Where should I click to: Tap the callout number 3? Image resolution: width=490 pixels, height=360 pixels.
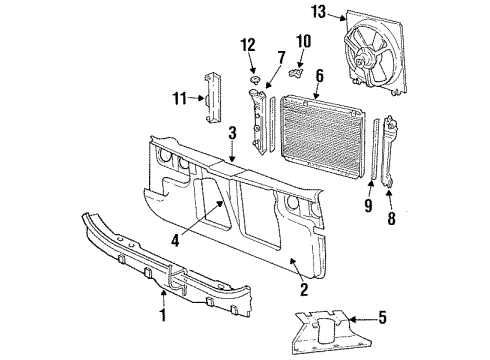click(231, 133)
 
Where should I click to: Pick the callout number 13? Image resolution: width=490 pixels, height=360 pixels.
click(318, 13)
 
